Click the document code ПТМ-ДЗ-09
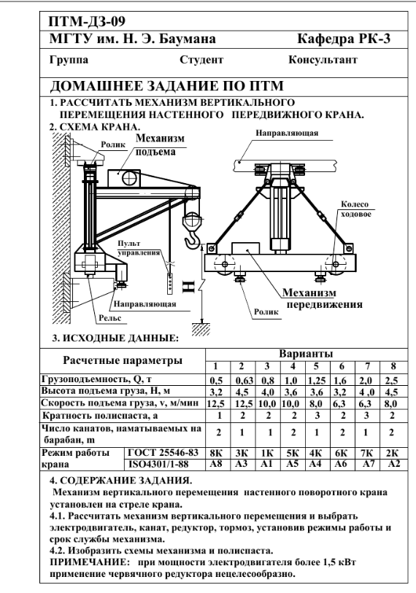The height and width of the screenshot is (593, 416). (x=87, y=21)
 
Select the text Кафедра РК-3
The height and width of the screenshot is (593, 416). (x=343, y=39)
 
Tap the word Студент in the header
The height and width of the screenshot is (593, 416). (x=201, y=60)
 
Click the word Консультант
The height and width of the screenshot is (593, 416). (x=323, y=60)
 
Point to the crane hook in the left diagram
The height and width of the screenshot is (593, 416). (x=193, y=241)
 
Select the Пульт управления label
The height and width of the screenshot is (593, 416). (x=139, y=248)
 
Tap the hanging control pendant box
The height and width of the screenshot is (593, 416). (x=170, y=282)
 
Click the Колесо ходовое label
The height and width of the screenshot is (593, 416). (x=355, y=209)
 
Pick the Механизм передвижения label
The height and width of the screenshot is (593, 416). (x=323, y=298)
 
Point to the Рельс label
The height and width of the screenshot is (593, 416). (x=109, y=318)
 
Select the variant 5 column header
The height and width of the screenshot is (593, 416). (x=316, y=366)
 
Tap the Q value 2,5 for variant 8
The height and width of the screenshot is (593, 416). (x=391, y=381)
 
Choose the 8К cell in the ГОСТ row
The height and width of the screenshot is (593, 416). (x=216, y=453)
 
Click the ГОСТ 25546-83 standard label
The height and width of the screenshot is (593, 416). (x=163, y=453)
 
